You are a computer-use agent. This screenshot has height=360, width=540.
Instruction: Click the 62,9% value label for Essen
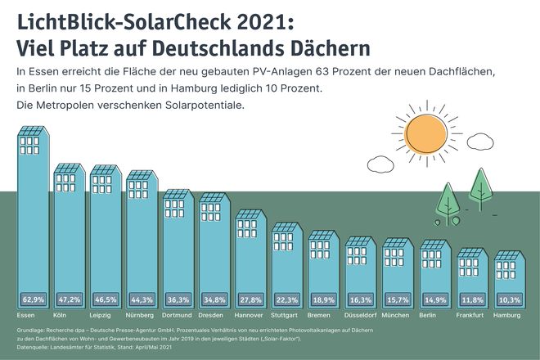coord(34,299)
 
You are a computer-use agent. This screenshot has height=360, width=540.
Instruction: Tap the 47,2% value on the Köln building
coord(70,299)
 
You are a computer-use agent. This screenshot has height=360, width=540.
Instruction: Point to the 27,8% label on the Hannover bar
coord(252,299)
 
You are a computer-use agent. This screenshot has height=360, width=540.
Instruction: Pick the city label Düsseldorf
coord(361,315)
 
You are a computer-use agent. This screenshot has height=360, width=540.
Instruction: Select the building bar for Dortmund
coord(179,245)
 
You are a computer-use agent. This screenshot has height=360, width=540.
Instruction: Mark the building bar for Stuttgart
coord(287,262)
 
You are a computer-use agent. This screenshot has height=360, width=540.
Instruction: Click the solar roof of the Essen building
coord(34,132)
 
